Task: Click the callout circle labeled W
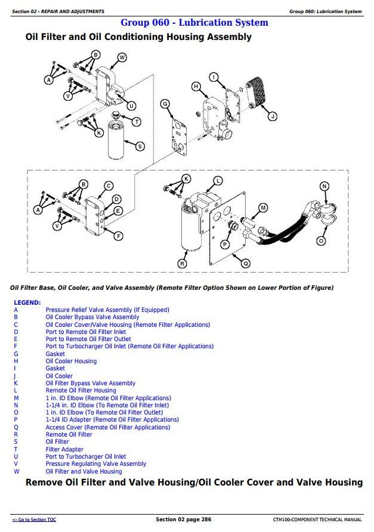pyautogui.click(x=122, y=57)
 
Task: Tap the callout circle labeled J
pyautogui.click(x=272, y=116)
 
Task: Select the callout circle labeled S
pyautogui.click(x=140, y=146)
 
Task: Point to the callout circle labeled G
pyautogui.click(x=165, y=104)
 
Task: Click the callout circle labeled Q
pyautogui.click(x=246, y=262)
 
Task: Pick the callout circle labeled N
pyautogui.click(x=324, y=186)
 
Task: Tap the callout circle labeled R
pyautogui.click(x=183, y=263)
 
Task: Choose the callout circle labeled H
pyautogui.click(x=195, y=86)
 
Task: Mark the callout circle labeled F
pyautogui.click(x=118, y=236)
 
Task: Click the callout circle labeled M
pyautogui.click(x=263, y=208)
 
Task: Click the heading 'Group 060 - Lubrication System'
pyautogui.click(x=194, y=23)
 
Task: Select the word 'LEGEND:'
pyautogui.click(x=27, y=302)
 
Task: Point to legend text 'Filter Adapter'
pyautogui.click(x=64, y=449)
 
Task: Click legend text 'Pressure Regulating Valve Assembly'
pyautogui.click(x=95, y=463)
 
